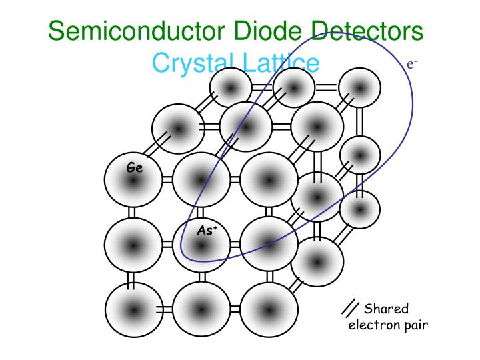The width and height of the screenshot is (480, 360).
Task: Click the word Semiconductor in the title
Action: click(x=137, y=30)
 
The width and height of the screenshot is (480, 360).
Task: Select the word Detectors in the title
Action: click(x=367, y=30)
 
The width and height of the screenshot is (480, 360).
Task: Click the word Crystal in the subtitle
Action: click(x=191, y=63)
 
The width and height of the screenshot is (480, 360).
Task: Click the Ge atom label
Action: click(x=135, y=167)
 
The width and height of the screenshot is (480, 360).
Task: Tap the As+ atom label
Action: click(x=207, y=230)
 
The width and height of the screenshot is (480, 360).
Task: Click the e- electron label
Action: click(x=412, y=64)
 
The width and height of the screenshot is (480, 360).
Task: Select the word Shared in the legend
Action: click(x=386, y=308)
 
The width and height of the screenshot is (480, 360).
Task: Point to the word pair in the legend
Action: click(x=416, y=326)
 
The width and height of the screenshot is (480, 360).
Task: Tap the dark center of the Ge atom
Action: click(x=133, y=181)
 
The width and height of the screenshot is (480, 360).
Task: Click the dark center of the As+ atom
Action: click(x=201, y=245)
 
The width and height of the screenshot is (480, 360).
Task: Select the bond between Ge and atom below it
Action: click(x=131, y=213)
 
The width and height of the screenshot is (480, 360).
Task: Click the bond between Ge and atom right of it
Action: click(x=167, y=180)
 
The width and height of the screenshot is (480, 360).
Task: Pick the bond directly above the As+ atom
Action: click(x=199, y=213)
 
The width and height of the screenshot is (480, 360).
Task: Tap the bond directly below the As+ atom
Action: click(x=202, y=277)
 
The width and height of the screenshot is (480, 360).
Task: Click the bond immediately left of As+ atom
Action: click(x=167, y=245)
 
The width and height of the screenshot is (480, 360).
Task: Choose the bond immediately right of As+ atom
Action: click(x=235, y=245)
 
